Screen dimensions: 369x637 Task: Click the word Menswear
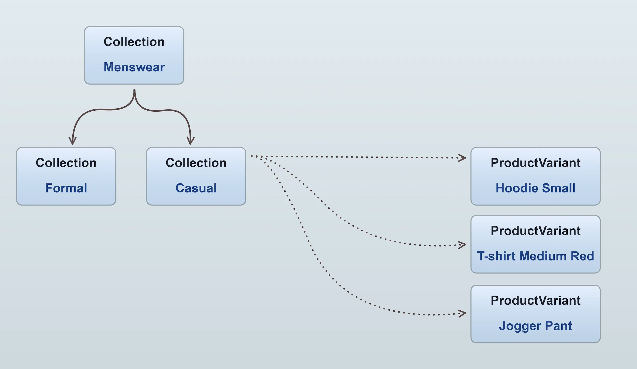[134, 67]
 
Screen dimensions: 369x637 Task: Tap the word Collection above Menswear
[134, 42]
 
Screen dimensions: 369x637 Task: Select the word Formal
[66, 188]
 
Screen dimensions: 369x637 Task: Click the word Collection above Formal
[66, 163]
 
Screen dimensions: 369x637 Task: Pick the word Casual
[196, 188]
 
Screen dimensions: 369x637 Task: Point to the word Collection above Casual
[196, 163]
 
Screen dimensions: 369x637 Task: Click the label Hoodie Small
[535, 188]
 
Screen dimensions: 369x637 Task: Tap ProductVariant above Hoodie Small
[535, 163]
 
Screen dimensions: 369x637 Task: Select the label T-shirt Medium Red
[535, 256]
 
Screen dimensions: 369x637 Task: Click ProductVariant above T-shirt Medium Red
[535, 231]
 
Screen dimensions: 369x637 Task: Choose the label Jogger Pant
[535, 326]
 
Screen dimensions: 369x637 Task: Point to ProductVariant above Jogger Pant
[535, 300]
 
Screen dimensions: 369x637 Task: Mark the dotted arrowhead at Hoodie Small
[463, 158]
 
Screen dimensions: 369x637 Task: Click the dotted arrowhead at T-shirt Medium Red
[463, 245]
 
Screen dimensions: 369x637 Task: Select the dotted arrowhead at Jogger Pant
[463, 313]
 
